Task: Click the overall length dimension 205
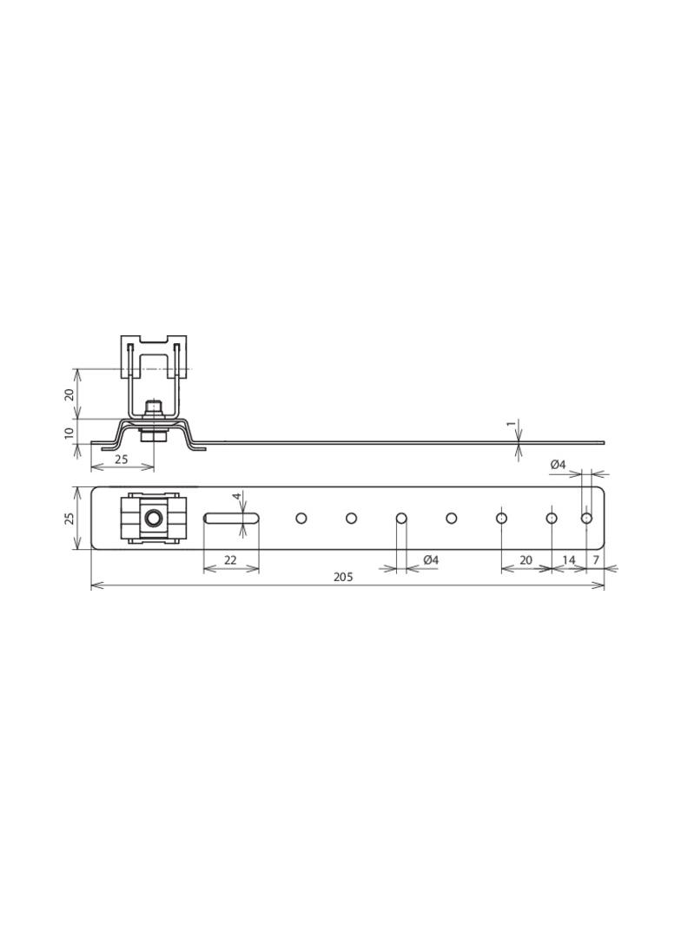pos(343,577)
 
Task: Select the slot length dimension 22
pos(230,560)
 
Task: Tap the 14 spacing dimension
pos(568,560)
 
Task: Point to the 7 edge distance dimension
pos(596,560)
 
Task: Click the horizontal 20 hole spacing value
pos(526,560)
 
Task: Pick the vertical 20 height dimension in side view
pos(69,394)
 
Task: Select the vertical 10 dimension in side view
pos(69,432)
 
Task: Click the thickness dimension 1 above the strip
pos(511,425)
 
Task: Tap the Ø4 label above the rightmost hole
pos(558,465)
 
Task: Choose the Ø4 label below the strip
pos(431,560)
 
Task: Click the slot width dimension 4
pos(236,497)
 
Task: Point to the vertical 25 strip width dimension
pos(69,518)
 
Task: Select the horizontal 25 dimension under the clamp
pos(122,459)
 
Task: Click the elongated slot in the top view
pos(231,519)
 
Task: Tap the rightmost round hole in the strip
pos(586,519)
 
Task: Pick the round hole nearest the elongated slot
pos(301,519)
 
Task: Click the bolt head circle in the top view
pos(154,519)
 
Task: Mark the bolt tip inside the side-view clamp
pos(154,406)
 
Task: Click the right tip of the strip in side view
pos(602,442)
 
